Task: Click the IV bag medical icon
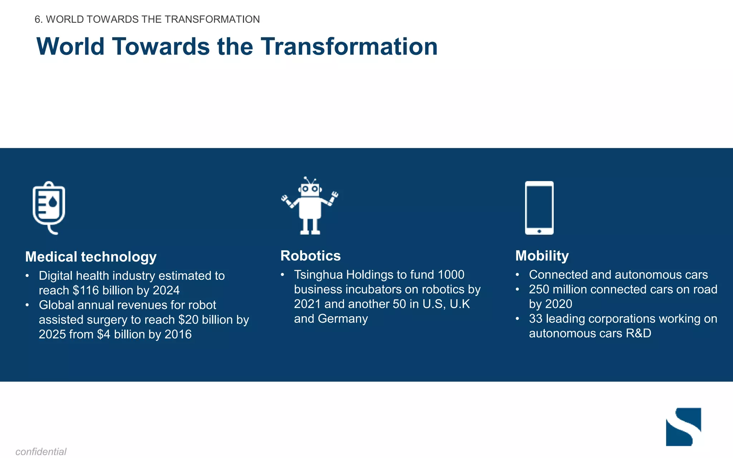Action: tap(49, 208)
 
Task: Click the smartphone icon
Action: tap(539, 208)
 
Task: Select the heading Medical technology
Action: tap(91, 257)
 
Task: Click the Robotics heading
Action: tap(310, 256)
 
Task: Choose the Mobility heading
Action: tap(542, 256)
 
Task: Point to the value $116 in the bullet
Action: tap(85, 290)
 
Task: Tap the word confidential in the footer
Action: tap(41, 452)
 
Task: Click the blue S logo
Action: tap(683, 427)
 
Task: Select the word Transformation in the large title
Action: tap(349, 47)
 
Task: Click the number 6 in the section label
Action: tap(37, 19)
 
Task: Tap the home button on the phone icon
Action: tap(539, 231)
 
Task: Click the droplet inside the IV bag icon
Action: tap(53, 203)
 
